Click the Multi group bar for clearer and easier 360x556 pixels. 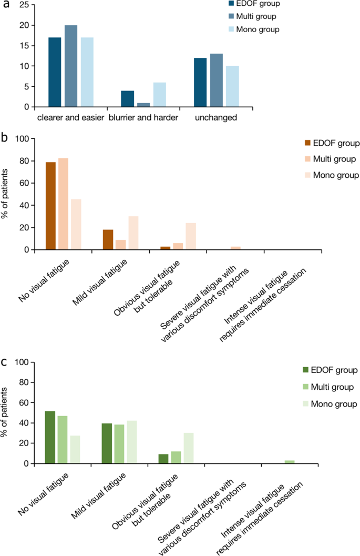point(71,66)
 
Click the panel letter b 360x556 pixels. point(4,139)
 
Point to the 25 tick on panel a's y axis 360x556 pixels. point(20,5)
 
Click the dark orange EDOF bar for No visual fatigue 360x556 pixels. point(50,206)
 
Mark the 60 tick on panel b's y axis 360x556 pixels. point(23,183)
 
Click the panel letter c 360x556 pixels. point(4,362)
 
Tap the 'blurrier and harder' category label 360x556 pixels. point(142,117)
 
